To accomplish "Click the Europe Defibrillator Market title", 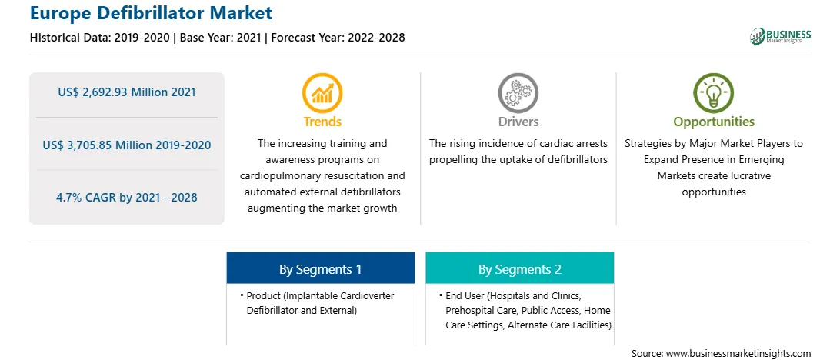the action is pyautogui.click(x=151, y=13).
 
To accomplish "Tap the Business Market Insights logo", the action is pyautogui.click(x=780, y=36).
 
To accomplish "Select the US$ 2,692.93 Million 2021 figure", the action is pyautogui.click(x=127, y=92).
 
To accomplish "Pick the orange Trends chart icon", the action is pyautogui.click(x=322, y=93).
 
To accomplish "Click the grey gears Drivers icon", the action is pyautogui.click(x=518, y=93).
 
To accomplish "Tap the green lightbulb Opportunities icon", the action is pyautogui.click(x=714, y=93).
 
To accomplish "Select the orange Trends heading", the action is pyautogui.click(x=322, y=122).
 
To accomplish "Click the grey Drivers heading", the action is pyautogui.click(x=518, y=122).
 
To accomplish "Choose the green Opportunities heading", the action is pyautogui.click(x=714, y=122).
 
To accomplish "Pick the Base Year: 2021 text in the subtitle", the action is pyautogui.click(x=220, y=38).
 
